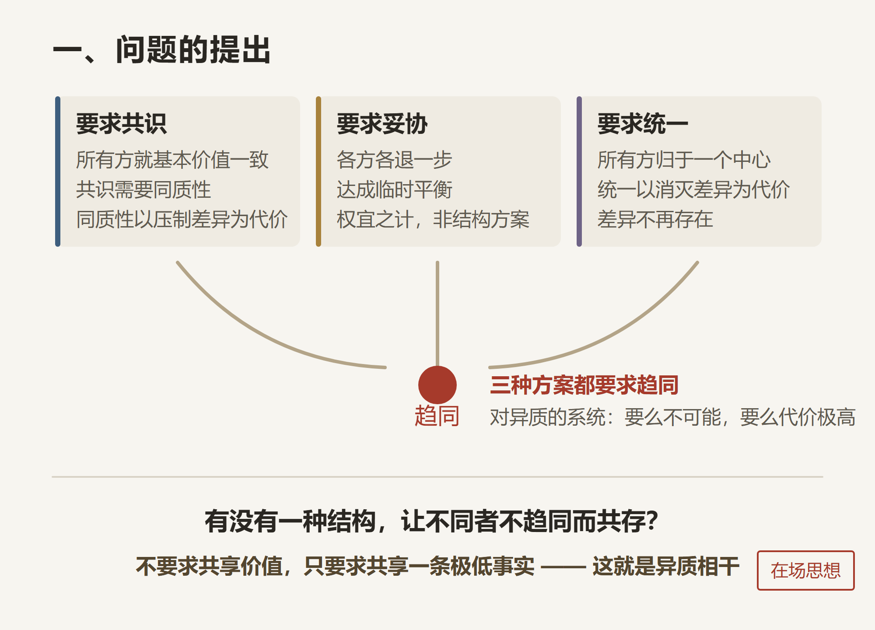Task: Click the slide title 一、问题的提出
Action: (161, 50)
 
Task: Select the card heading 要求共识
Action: (121, 123)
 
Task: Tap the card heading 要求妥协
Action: (382, 123)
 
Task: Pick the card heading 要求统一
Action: (643, 123)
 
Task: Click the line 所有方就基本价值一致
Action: (172, 160)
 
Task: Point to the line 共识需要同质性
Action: (143, 189)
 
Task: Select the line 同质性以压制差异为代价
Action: (182, 219)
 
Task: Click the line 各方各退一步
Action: (395, 160)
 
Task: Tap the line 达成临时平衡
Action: (395, 189)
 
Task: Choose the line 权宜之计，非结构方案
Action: (433, 219)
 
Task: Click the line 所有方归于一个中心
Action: (684, 160)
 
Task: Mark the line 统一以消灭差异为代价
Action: (694, 189)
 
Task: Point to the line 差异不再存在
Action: (655, 219)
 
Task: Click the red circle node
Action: (437, 385)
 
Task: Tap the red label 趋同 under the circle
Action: (437, 416)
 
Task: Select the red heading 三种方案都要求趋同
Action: (584, 385)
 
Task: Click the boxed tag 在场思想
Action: (806, 570)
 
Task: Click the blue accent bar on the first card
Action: (58, 171)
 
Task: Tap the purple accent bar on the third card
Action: (579, 171)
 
